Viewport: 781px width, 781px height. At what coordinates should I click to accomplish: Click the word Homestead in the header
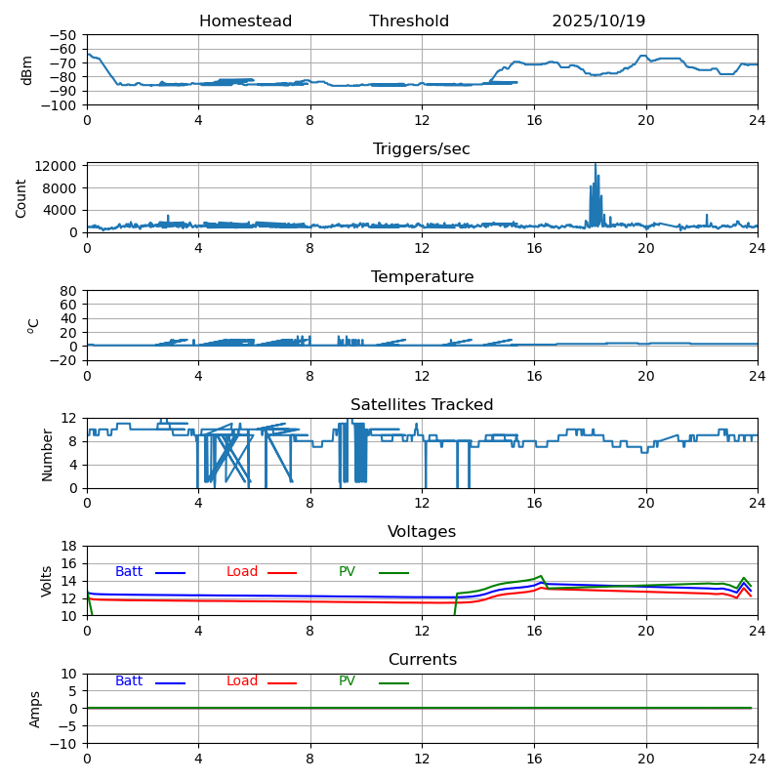tap(245, 21)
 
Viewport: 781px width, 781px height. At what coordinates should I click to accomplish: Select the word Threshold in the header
tap(409, 21)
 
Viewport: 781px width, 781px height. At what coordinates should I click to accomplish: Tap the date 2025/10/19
tap(598, 21)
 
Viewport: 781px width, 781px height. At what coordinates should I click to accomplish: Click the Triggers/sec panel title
tap(422, 149)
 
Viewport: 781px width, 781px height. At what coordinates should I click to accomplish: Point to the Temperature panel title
tap(422, 277)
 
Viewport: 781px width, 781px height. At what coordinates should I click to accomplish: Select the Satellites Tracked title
tap(422, 405)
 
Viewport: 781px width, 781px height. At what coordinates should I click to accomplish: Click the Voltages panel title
tap(422, 532)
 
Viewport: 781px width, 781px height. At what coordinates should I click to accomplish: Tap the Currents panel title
tap(422, 660)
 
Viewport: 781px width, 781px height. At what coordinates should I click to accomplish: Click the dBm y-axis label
tap(27, 69)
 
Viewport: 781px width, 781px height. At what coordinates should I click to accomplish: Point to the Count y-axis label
tap(21, 197)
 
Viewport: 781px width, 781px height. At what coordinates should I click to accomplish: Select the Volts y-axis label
tap(47, 581)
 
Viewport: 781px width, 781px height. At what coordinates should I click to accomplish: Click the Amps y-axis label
tap(35, 709)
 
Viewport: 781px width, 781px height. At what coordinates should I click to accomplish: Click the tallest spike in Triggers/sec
tap(596, 166)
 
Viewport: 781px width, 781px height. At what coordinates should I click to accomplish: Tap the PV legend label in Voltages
tap(348, 572)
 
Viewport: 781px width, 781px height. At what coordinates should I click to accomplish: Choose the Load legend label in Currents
tap(242, 681)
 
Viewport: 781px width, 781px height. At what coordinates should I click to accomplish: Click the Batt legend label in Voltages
tap(129, 572)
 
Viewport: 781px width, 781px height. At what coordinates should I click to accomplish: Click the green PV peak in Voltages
tap(541, 576)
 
